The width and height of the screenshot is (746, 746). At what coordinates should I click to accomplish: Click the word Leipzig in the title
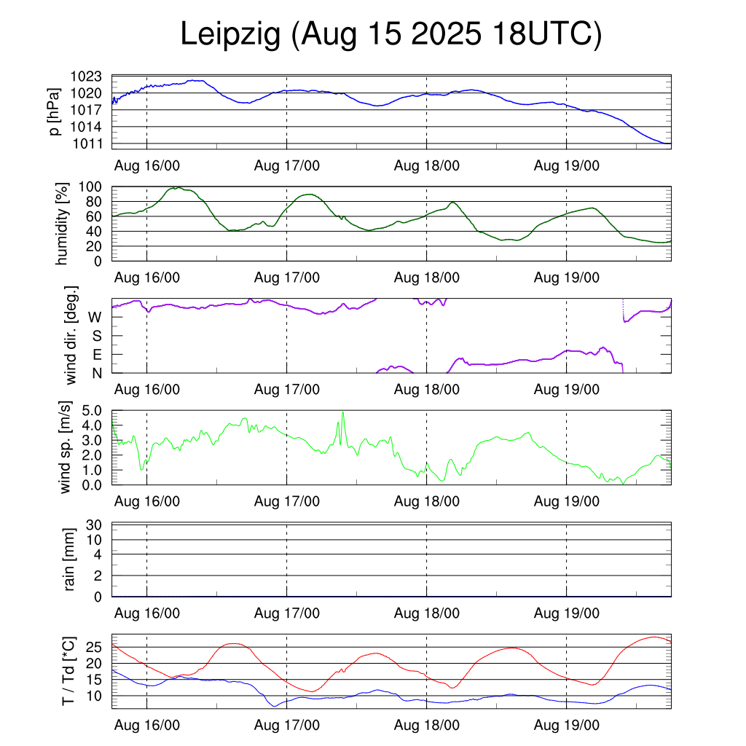(230, 35)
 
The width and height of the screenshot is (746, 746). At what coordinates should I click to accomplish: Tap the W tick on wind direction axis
(95, 318)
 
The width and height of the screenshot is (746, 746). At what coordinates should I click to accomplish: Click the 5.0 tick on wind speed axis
(95, 411)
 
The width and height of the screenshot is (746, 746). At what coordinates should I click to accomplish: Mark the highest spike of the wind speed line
(342, 412)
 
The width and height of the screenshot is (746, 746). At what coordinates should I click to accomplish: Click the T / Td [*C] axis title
(68, 670)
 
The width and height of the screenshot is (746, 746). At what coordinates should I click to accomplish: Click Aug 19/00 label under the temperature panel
(566, 726)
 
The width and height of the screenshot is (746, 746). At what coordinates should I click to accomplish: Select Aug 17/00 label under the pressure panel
(286, 165)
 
